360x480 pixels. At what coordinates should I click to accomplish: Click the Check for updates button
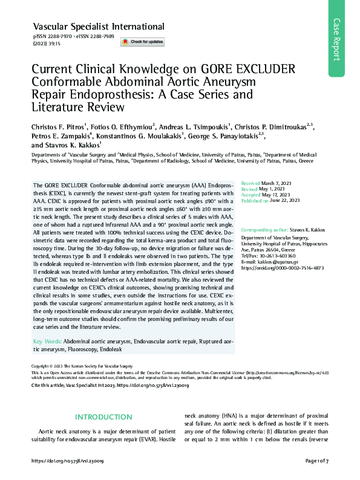142,42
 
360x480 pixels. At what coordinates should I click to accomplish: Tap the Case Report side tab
343,40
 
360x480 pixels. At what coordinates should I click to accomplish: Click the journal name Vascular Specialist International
98,27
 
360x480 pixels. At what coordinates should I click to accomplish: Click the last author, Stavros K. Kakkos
75,146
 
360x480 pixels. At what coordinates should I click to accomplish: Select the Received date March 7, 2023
277,183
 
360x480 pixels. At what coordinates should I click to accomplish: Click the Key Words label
46,342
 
